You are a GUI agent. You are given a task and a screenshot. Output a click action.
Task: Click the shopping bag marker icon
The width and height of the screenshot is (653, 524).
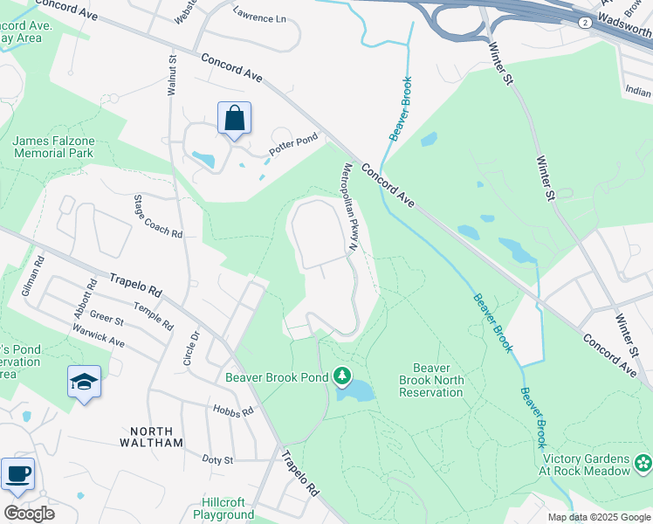(x=234, y=119)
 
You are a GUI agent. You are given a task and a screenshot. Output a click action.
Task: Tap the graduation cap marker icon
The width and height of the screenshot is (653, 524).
(x=84, y=382)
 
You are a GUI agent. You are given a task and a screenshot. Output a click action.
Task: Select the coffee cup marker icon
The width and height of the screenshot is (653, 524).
(x=17, y=474)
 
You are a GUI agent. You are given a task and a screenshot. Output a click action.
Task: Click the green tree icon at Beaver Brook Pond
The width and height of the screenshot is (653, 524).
(x=341, y=377)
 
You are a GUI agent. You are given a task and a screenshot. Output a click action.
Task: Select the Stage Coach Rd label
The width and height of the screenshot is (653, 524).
(x=157, y=217)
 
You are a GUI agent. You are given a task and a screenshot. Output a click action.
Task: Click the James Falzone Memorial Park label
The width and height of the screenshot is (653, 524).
(x=52, y=147)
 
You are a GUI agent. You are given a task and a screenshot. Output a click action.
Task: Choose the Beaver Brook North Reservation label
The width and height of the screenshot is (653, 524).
(x=430, y=380)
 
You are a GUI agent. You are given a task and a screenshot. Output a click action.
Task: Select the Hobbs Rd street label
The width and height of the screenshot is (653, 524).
(x=231, y=410)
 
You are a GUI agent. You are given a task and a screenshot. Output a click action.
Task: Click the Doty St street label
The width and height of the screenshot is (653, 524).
(x=217, y=459)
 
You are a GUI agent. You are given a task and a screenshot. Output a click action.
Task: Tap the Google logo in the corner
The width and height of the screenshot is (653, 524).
(x=29, y=514)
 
